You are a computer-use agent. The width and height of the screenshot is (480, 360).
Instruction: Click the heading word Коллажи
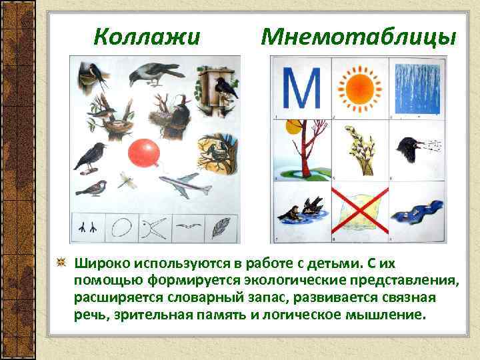[x=147, y=36]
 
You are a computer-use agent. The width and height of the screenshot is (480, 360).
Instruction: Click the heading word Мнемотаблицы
[x=359, y=37]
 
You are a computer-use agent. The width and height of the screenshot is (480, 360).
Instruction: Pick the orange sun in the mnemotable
[x=359, y=87]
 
